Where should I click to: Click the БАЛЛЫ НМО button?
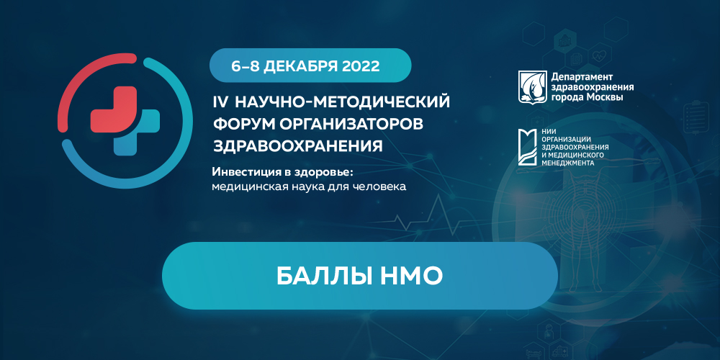pyautogui.click(x=359, y=275)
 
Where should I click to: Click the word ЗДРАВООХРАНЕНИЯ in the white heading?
pyautogui.click(x=297, y=146)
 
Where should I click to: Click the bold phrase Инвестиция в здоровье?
pyautogui.click(x=284, y=173)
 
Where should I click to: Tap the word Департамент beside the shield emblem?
pyautogui.click(x=581, y=76)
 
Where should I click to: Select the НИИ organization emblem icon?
pyautogui.click(x=531, y=148)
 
